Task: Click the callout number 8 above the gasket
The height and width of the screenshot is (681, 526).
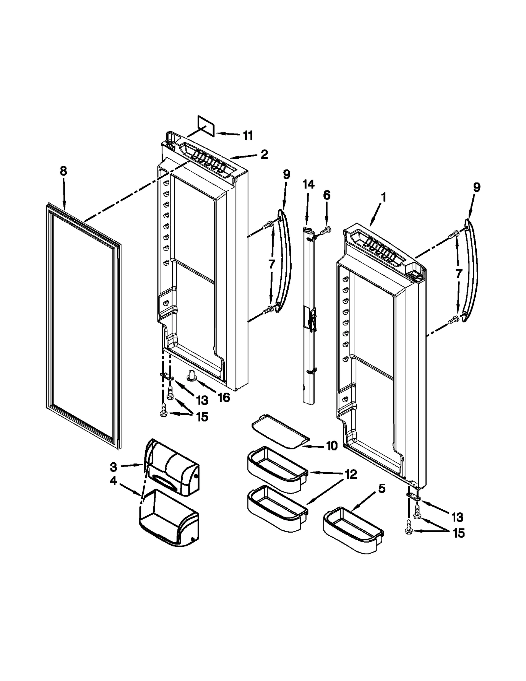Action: tap(63, 171)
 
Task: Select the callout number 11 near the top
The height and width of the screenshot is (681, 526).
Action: tap(248, 135)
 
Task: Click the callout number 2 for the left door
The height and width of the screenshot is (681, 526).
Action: tap(264, 154)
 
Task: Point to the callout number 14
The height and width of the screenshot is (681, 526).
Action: tap(308, 184)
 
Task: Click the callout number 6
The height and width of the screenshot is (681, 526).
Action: tap(326, 195)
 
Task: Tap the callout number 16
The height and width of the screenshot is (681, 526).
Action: tap(224, 398)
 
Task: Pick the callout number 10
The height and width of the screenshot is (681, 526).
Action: tap(332, 446)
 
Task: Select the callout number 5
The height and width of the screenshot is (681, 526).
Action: tap(381, 489)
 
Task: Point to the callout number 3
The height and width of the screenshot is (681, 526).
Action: tap(113, 467)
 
